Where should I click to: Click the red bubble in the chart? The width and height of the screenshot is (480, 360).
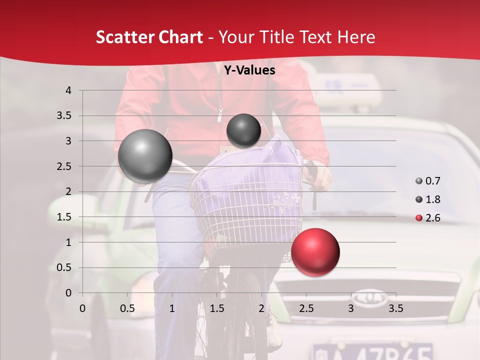315,251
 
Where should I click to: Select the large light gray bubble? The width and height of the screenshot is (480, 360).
145,156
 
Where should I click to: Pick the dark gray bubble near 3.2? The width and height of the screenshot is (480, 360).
243,130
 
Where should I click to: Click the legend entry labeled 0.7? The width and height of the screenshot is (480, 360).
427,181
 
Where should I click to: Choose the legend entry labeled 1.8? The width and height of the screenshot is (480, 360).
427,199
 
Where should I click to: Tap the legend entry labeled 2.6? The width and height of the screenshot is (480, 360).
427,218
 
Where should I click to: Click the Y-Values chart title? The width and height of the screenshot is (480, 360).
249,70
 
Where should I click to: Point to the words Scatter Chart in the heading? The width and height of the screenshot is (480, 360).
149,37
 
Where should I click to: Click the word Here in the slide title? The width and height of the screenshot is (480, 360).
355,37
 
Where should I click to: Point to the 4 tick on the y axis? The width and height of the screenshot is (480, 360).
68,90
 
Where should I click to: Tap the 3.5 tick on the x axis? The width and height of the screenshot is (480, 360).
395,308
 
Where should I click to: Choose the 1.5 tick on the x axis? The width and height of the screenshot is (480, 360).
217,308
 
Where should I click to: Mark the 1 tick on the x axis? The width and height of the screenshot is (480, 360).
172,308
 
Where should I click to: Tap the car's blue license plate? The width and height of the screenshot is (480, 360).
372,351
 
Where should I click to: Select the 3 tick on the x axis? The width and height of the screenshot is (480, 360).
351,308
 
